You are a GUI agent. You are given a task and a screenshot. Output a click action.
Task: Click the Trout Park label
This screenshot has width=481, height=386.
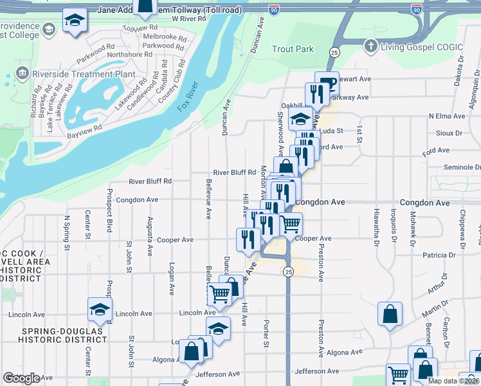[x=293, y=49]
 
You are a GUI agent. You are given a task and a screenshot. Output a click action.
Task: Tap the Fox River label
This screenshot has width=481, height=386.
[x=189, y=95]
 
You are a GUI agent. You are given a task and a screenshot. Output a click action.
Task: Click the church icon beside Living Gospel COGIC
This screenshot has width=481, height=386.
[x=370, y=46]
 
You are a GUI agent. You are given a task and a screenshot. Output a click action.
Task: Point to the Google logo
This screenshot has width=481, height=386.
[x=21, y=378]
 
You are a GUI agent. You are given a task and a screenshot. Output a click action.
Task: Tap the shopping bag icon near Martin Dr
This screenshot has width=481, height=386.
[x=390, y=315]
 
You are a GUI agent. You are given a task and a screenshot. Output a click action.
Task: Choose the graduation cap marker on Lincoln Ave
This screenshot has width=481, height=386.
[x=100, y=309]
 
